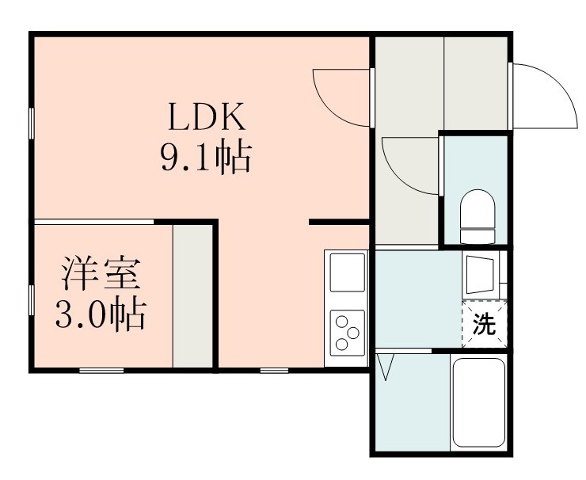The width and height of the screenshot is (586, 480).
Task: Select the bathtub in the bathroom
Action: click(478, 403)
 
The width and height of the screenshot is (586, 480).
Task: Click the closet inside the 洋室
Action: click(193, 297)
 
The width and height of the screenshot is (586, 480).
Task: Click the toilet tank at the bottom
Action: click(478, 235)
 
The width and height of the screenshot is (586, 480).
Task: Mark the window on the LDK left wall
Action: click(32, 123)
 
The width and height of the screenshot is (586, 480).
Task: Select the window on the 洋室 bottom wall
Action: click(101, 370)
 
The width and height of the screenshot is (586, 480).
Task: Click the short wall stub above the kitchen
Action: click(339, 223)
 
